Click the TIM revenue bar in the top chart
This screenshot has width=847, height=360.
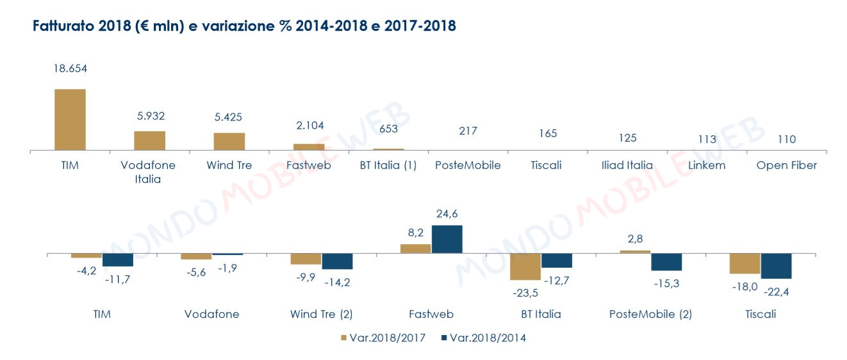tap(70, 120)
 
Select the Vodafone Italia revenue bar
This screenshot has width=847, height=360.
tap(149, 141)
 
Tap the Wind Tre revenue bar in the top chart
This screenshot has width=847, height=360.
tap(229, 142)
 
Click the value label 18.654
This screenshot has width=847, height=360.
tap(70, 68)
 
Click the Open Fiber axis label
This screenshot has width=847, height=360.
tap(786, 165)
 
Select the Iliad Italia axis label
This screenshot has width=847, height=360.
tap(627, 165)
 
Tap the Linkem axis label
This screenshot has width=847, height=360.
tap(707, 165)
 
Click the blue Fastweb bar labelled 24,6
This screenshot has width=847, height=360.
tap(447, 240)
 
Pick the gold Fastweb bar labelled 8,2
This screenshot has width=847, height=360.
tap(416, 249)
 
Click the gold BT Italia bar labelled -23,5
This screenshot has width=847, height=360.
tap(525, 266)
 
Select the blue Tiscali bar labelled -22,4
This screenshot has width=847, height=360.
tap(776, 266)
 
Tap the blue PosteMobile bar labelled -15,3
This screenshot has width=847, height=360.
tap(666, 262)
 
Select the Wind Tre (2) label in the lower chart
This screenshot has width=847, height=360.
tap(322, 314)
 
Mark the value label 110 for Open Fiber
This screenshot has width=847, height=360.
tap(786, 140)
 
